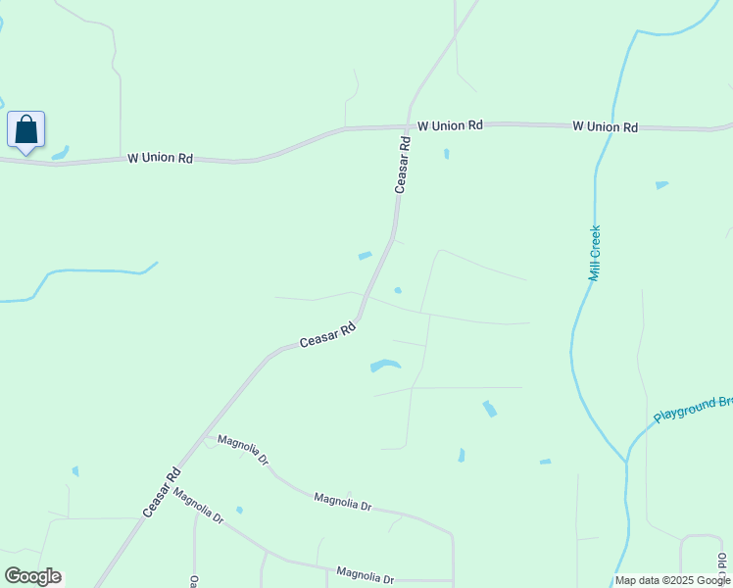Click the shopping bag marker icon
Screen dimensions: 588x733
point(25,129)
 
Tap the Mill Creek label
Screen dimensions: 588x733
point(594,253)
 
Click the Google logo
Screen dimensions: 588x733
point(32,576)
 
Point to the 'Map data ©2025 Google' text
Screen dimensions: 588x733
point(672,580)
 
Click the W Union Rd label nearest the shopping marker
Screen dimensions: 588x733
point(160,158)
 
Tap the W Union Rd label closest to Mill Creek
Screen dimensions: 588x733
point(605,127)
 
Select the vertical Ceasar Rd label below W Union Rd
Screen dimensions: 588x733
point(402,164)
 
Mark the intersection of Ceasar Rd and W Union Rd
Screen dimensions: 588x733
point(408,126)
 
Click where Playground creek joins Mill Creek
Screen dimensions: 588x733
point(626,461)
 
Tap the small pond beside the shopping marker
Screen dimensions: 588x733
point(61,153)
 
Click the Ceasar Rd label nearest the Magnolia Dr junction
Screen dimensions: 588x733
point(162,491)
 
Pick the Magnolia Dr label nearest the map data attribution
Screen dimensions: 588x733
point(365,573)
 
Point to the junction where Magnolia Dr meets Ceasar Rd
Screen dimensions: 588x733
point(204,438)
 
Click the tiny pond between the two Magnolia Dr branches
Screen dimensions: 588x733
point(239,510)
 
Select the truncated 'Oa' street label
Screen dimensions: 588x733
point(194,581)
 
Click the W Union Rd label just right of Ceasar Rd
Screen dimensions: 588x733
point(450,125)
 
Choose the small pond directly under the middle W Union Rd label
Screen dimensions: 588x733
point(447,154)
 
